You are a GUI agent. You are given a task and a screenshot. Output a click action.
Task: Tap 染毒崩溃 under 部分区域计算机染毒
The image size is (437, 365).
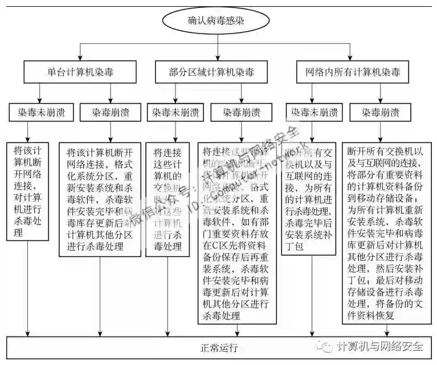pyautogui.click(x=240, y=112)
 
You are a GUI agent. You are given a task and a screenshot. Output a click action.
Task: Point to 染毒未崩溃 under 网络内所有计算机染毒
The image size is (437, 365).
pyautogui.click(x=312, y=112)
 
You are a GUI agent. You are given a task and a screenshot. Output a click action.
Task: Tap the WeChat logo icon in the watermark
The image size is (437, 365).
pyautogui.click(x=326, y=347)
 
